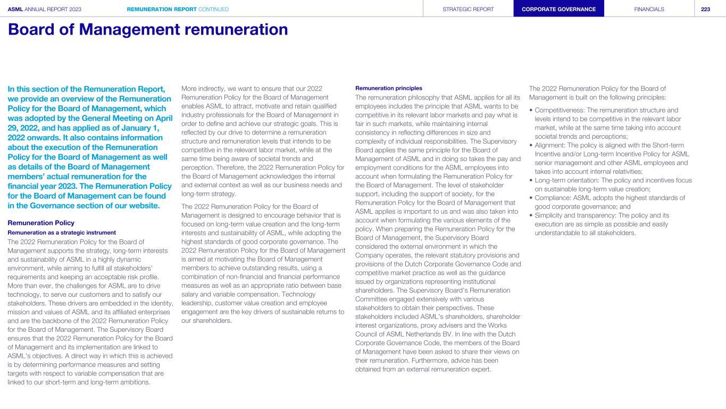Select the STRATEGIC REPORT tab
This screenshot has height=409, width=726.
click(x=468, y=9)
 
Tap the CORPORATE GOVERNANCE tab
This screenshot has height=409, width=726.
click(x=558, y=9)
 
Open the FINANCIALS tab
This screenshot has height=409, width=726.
click(x=649, y=9)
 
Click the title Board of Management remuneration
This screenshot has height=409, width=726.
click(x=148, y=30)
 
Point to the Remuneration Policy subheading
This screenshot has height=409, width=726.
click(x=41, y=223)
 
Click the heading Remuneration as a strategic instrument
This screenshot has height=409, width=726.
click(x=62, y=232)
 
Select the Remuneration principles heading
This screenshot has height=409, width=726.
click(x=388, y=88)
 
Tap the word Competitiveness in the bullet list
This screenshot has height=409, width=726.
click(x=558, y=110)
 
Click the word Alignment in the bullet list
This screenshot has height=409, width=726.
click(x=550, y=145)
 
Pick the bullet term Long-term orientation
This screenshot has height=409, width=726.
click(x=566, y=180)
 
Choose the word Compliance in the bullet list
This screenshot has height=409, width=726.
click(x=553, y=198)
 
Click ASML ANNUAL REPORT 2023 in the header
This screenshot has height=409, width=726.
click(x=45, y=9)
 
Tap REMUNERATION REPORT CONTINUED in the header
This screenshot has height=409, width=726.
click(x=178, y=9)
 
